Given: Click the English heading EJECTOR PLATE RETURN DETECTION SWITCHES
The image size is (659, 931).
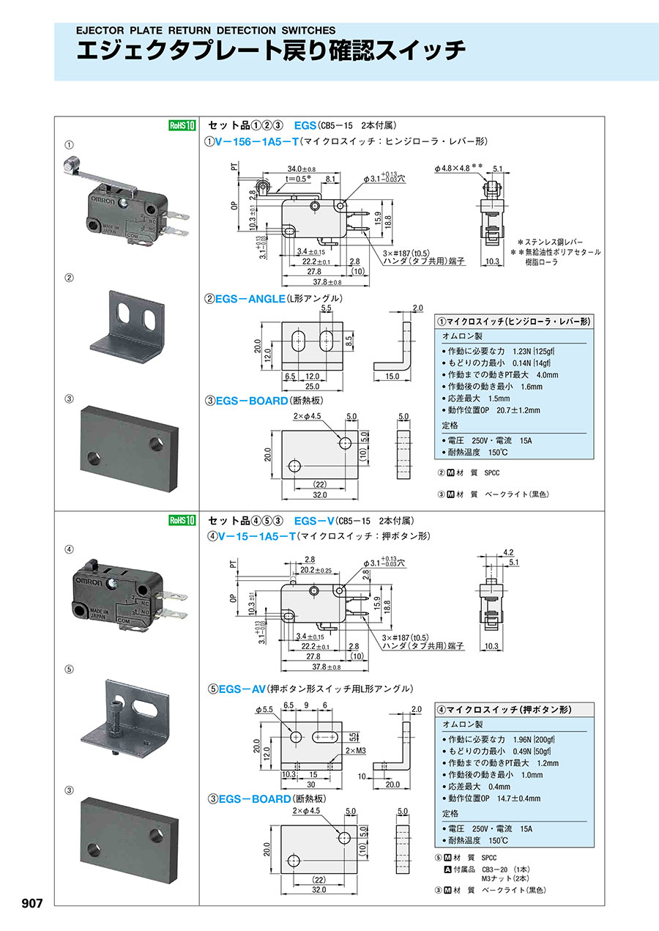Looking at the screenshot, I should point(206,31).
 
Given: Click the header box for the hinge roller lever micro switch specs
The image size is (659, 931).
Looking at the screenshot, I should point(514,322).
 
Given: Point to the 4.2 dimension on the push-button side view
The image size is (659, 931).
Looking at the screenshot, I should point(508,553).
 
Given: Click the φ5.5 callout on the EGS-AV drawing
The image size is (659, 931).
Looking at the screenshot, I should point(265,710).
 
